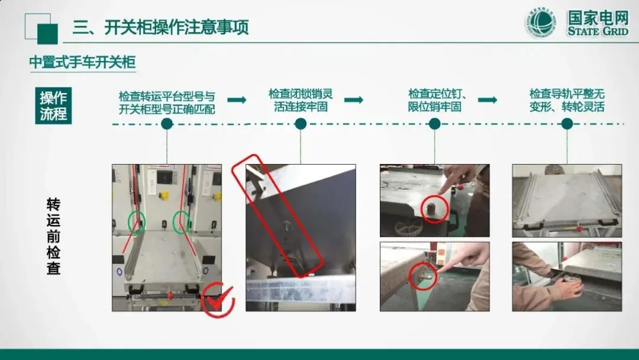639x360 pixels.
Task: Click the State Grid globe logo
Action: (x=541, y=22)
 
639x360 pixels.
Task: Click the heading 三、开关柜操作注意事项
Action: (x=160, y=27)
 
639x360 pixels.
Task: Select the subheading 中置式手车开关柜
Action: (x=82, y=62)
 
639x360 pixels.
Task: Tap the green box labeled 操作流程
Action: (x=53, y=105)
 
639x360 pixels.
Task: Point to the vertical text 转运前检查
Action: (x=53, y=236)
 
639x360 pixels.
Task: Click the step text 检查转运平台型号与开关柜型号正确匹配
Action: (x=167, y=103)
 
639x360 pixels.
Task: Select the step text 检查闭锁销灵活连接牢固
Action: (x=301, y=100)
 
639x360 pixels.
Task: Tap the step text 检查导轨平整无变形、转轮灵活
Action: (x=567, y=100)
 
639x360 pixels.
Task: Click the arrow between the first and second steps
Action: (x=237, y=100)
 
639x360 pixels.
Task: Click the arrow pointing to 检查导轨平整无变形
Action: (x=488, y=100)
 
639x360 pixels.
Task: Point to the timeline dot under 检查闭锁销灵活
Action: (x=301, y=124)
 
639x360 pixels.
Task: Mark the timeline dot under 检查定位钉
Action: (x=435, y=124)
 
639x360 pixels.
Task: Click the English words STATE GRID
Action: (x=598, y=31)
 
